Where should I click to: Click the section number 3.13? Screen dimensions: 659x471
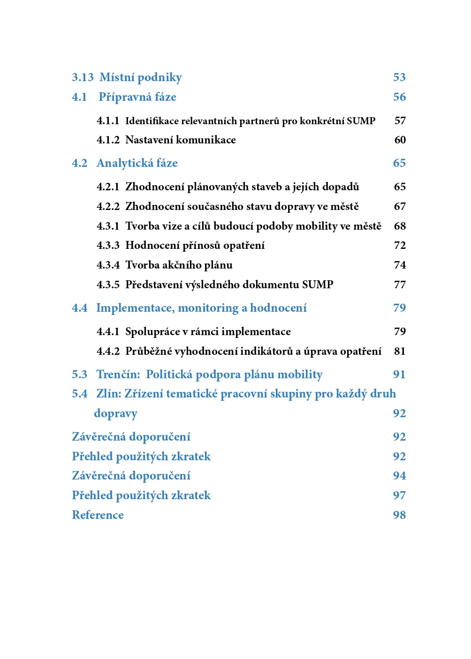[83, 77]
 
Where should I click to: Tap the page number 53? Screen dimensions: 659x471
[399, 77]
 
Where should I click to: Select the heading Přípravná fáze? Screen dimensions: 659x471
[137, 97]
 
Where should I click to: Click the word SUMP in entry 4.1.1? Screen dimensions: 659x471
[361, 121]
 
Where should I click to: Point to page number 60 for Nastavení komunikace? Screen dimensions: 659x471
[400, 140]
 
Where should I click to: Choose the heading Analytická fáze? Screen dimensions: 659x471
[137, 163]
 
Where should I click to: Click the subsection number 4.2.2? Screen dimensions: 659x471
[108, 207]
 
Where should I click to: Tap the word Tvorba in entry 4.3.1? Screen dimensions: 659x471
[142, 226]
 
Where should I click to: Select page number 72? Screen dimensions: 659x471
[400, 246]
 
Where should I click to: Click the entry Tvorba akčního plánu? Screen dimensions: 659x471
[179, 265]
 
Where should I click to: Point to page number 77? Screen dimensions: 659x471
[400, 285]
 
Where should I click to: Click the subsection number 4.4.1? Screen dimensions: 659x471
[108, 332]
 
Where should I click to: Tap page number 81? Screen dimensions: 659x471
[400, 352]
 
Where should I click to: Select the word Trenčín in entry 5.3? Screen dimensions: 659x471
[118, 374]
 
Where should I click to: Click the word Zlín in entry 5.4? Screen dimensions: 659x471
[108, 394]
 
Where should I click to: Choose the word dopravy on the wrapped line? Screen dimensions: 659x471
[115, 413]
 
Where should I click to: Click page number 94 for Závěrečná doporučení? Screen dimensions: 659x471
[399, 476]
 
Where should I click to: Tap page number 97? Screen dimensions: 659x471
[399, 495]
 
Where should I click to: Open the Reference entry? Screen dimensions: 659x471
[98, 515]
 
